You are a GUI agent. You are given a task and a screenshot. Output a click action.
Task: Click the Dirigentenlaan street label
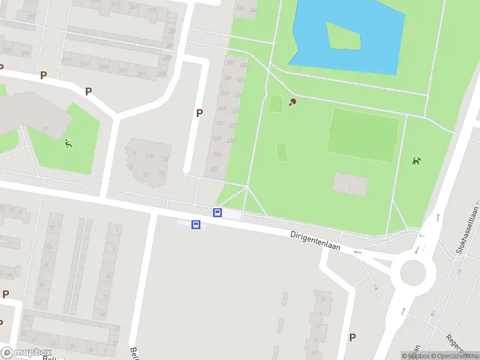point(316,239)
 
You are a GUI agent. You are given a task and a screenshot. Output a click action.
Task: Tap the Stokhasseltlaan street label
point(469,230)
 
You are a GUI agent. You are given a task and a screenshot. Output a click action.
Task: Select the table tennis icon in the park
point(293,102)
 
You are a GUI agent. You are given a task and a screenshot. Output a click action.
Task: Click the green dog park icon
point(416,161)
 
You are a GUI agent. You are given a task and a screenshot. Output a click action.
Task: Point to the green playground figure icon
point(68,143)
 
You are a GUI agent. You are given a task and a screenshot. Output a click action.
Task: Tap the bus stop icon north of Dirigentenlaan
point(218,212)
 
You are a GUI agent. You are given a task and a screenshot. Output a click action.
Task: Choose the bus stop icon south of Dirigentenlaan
point(196,224)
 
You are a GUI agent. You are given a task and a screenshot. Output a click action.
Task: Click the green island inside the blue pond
point(344,36)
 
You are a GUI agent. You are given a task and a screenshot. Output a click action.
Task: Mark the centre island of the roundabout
point(413,274)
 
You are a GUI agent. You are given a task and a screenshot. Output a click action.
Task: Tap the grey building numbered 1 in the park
point(350,184)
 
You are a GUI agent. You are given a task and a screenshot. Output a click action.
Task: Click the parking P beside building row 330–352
point(199,113)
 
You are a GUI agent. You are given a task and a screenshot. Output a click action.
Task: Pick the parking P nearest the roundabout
point(352,338)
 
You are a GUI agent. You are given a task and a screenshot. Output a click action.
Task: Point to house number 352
point(215,169)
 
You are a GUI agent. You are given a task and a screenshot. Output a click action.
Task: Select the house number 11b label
point(148,157)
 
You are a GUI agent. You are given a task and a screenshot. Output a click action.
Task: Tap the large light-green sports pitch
point(363,134)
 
